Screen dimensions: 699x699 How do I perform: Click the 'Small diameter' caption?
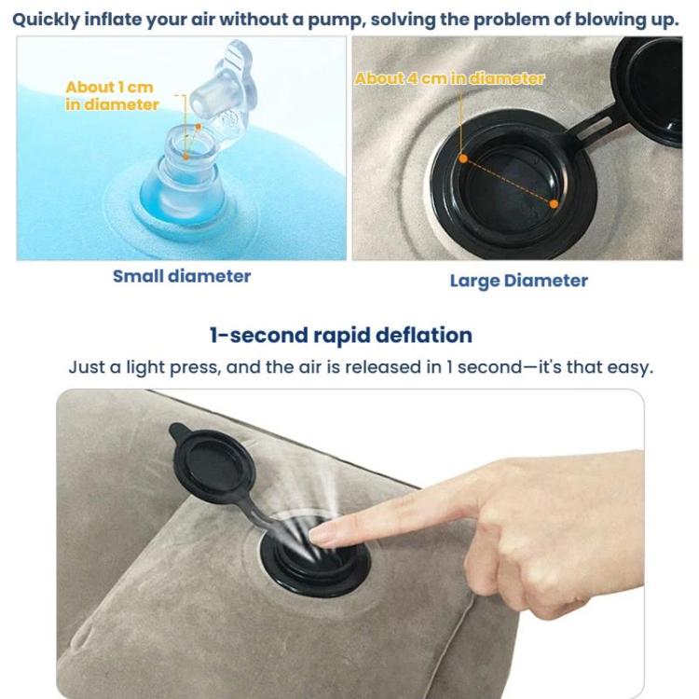click(182, 276)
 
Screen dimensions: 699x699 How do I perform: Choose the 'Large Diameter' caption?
click(518, 281)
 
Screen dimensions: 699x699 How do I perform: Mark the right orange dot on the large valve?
click(554, 203)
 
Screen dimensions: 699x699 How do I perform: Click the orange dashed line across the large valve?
click(507, 180)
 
